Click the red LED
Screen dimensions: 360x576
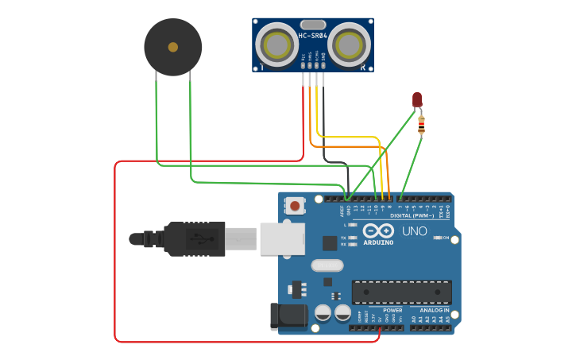point(417,99)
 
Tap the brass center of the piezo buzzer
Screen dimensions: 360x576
point(173,48)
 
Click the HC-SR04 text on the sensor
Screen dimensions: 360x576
point(312,36)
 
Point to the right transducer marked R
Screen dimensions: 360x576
point(350,45)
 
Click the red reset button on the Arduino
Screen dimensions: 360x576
point(295,207)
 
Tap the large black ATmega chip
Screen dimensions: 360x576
point(401,292)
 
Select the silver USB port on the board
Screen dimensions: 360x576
point(282,238)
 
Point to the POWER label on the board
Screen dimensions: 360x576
point(392,311)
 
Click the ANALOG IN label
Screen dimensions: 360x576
point(429,311)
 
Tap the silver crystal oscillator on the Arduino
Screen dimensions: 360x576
point(326,265)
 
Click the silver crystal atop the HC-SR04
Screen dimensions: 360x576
point(313,25)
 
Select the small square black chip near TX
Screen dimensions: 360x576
point(329,243)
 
